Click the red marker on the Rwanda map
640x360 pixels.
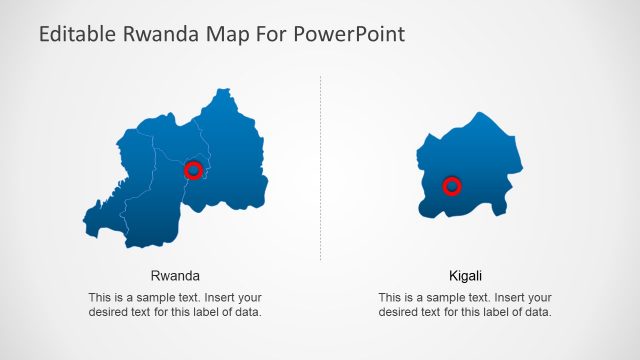point(194,171)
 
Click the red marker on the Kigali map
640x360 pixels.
point(452,185)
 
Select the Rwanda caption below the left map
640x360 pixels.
point(175,275)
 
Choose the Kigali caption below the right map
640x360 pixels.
point(465,275)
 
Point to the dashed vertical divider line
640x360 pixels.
point(320,170)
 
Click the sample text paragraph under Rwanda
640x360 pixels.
point(175,305)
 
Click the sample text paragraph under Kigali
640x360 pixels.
point(465,305)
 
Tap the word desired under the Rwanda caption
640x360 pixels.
point(110,312)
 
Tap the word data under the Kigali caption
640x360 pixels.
point(538,312)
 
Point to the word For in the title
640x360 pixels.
point(277,34)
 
